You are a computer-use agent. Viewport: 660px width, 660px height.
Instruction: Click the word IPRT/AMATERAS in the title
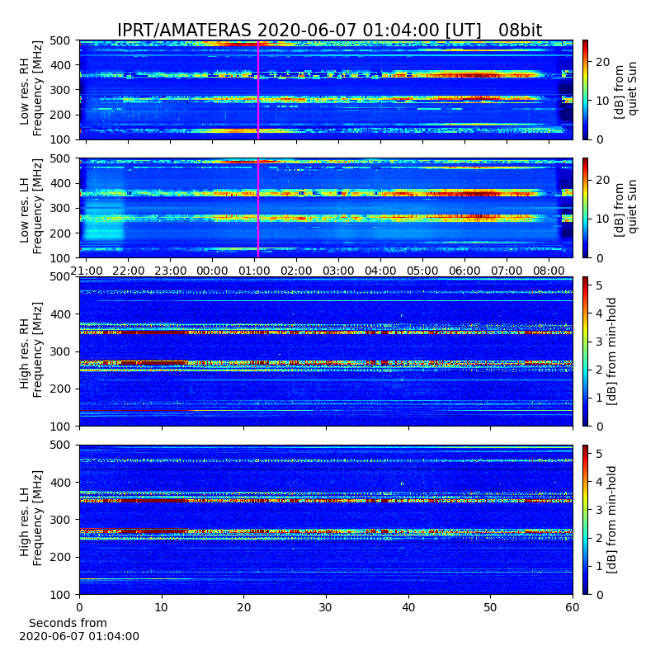tap(184, 31)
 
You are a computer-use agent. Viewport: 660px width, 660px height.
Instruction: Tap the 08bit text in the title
tap(521, 31)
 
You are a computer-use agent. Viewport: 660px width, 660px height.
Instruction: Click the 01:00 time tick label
tap(254, 271)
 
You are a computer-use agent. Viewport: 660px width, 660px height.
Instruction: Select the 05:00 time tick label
tap(422, 271)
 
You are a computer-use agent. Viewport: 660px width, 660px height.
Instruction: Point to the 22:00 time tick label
tap(129, 271)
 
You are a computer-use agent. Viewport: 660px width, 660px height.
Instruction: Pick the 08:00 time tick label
tap(549, 271)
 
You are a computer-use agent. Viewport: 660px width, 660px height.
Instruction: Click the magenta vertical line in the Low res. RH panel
tap(258, 90)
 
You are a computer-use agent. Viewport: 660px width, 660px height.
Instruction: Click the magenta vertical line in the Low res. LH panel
tap(258, 208)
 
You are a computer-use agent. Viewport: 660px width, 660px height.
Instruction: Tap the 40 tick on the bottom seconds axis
tap(408, 607)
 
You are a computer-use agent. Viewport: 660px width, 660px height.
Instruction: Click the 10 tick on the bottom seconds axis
tap(162, 607)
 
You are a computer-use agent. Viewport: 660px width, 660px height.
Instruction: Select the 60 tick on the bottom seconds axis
tap(573, 607)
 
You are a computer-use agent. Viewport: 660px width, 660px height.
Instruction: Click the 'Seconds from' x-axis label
tap(68, 623)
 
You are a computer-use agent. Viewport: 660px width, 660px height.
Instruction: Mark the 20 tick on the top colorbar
tap(603, 63)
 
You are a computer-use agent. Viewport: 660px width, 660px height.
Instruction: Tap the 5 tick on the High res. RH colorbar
tap(600, 285)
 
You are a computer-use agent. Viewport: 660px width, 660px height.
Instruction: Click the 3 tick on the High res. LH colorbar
tap(600, 510)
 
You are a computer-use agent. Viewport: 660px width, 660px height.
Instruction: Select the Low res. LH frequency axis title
tap(31, 207)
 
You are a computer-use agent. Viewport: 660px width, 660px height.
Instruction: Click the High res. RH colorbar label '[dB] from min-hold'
tap(611, 351)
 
